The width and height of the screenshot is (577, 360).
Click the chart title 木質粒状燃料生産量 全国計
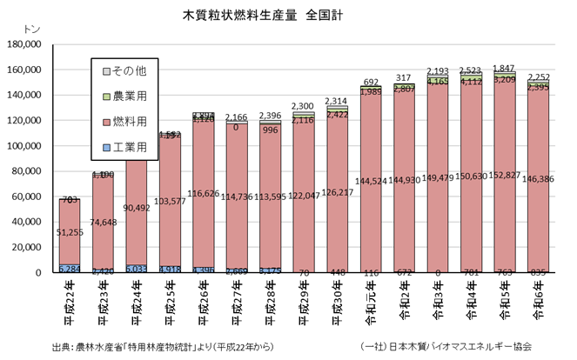(x=262, y=16)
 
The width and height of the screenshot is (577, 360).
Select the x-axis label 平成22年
(x=70, y=300)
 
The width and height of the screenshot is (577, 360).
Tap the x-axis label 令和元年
(x=372, y=300)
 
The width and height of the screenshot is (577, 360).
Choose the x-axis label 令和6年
(x=541, y=300)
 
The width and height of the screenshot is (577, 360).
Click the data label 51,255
(x=70, y=232)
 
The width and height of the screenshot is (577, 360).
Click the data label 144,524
(x=372, y=181)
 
